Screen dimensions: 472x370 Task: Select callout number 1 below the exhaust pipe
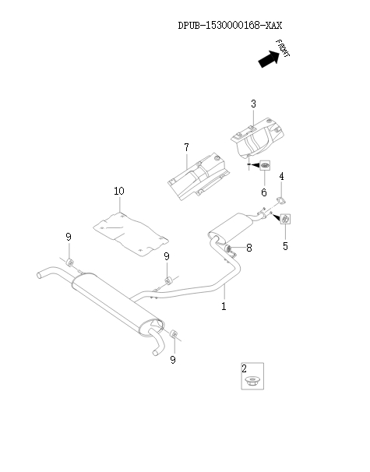(x=224, y=306)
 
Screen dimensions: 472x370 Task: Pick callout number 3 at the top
(x=253, y=104)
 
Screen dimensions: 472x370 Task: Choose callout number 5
(x=285, y=246)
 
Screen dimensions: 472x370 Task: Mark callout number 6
(x=263, y=192)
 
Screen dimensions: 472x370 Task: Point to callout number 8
(x=248, y=248)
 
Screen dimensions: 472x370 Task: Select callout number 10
(x=118, y=191)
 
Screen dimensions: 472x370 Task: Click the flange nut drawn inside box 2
(x=252, y=381)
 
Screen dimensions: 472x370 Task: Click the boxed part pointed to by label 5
(x=285, y=219)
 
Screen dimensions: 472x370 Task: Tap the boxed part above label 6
(x=265, y=166)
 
